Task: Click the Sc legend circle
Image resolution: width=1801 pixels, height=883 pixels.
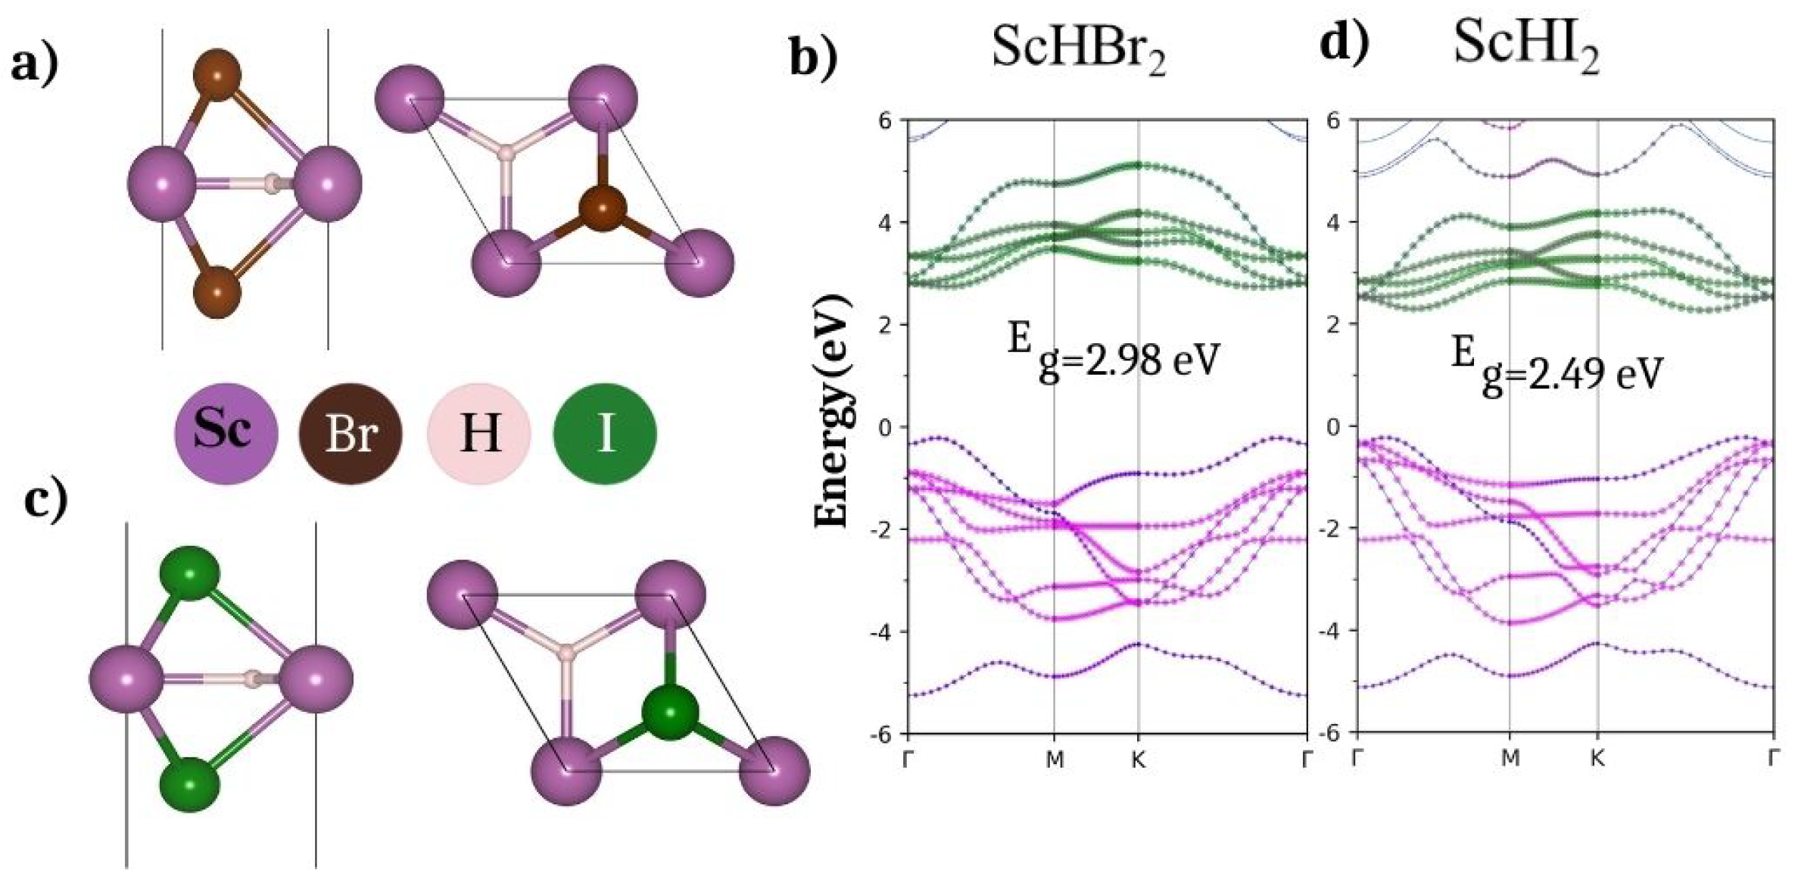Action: pyautogui.click(x=226, y=433)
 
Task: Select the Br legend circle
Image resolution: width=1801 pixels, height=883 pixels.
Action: pyautogui.click(x=351, y=433)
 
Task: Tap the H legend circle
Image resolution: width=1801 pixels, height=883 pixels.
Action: pyautogui.click(x=478, y=433)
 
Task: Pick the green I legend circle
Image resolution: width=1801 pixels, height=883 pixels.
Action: pyautogui.click(x=605, y=433)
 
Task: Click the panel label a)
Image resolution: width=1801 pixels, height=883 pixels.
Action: pyautogui.click(x=35, y=65)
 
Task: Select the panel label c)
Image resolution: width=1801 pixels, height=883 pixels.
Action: pyautogui.click(x=46, y=501)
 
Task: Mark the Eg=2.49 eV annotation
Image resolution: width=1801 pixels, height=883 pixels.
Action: pyautogui.click(x=1556, y=368)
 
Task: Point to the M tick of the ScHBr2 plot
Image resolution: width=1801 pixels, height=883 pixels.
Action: pyautogui.click(x=1055, y=760)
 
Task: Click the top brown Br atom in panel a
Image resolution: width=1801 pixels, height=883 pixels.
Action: pyautogui.click(x=217, y=76)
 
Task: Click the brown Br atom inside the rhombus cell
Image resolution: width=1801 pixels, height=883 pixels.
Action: pyautogui.click(x=603, y=209)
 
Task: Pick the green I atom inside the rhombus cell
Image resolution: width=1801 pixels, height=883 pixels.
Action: pyautogui.click(x=669, y=713)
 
